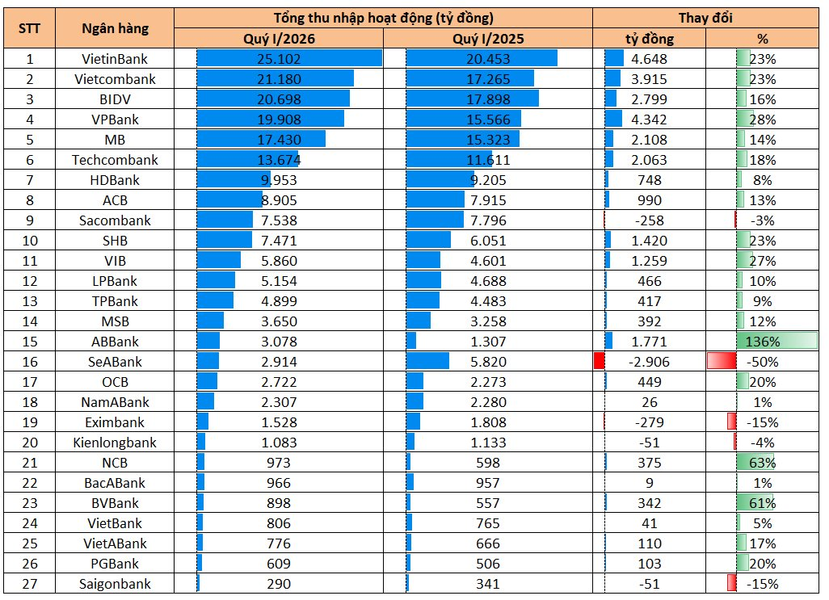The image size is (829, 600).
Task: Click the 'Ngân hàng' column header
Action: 115,28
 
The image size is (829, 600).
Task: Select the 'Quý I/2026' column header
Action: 279,39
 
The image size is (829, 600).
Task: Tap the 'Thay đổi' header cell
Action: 705,18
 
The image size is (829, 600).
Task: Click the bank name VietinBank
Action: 115,59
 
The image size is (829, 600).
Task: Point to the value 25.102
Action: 279,59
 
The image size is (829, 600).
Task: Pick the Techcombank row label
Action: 115,160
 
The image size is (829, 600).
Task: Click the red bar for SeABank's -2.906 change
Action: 599,361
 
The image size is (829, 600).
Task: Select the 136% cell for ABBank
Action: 763,342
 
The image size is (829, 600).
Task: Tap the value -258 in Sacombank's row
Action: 650,220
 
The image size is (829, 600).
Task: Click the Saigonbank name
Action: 115,584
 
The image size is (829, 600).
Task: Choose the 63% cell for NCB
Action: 763,463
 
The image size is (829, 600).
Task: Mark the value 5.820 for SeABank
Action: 488,362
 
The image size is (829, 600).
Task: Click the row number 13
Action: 30,301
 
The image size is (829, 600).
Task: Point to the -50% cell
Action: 763,362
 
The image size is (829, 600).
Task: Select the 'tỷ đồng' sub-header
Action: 650,39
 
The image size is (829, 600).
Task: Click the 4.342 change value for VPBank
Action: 650,120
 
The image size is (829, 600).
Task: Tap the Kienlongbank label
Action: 115,443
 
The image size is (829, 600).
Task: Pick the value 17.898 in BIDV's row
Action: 488,99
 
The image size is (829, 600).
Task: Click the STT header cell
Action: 30,28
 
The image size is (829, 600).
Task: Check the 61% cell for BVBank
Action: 763,503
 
